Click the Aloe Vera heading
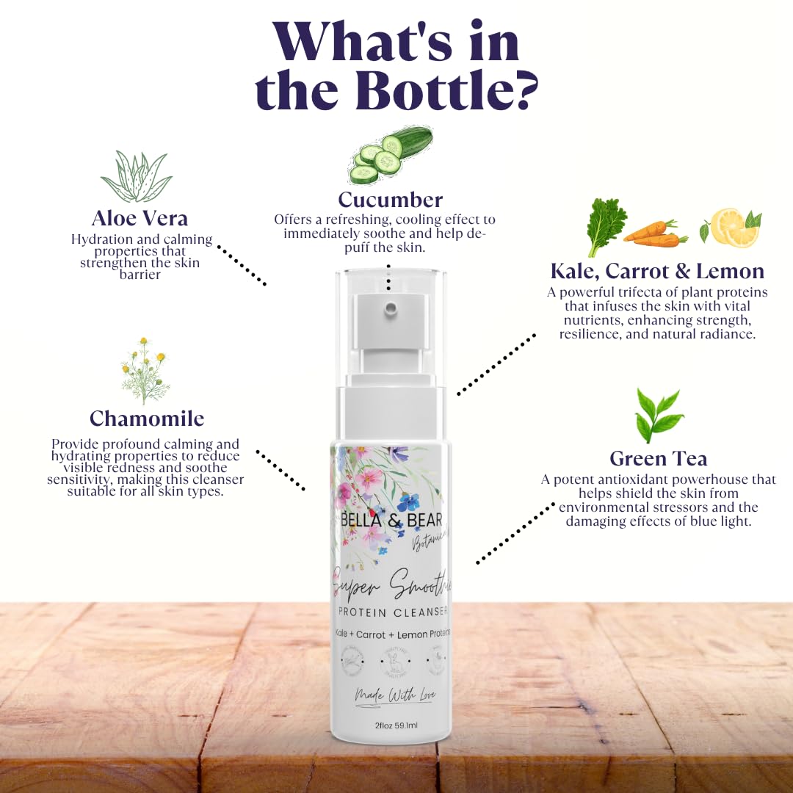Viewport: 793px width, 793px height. [140, 218]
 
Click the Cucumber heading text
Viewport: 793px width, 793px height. [390, 200]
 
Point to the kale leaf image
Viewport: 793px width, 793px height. [606, 227]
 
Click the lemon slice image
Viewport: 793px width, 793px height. [731, 228]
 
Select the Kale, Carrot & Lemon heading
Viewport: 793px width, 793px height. [657, 271]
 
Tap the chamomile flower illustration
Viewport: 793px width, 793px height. [145, 372]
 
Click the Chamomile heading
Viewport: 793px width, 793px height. [147, 419]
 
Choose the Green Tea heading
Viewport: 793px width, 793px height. [658, 459]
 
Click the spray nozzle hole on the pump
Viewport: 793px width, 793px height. [392, 305]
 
